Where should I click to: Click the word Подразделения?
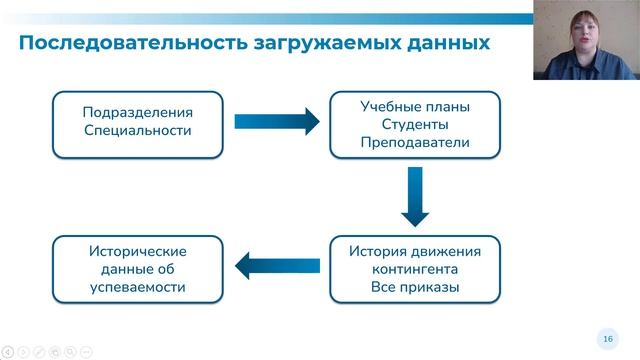137,113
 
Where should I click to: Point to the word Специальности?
137,132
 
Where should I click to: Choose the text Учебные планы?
414,106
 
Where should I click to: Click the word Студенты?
414,125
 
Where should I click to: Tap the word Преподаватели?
414,144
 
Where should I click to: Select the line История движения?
414,251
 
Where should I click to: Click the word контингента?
414,270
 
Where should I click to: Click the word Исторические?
137,251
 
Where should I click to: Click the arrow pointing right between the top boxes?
276,122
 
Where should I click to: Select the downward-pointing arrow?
414,196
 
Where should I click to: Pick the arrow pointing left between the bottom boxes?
276,266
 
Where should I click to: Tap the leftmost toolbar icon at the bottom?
8,351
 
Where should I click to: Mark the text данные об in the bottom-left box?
137,270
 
